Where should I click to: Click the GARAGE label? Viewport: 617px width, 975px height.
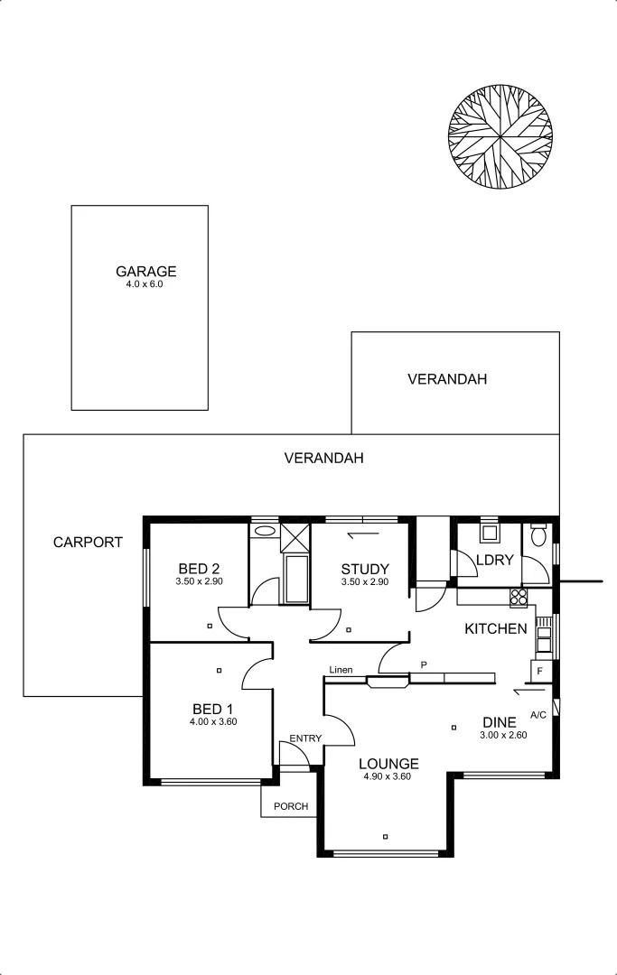tap(145, 271)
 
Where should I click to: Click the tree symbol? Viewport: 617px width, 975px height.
tap(500, 138)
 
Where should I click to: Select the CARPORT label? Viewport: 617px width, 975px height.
tap(88, 543)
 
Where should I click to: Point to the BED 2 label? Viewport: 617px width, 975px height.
tap(199, 569)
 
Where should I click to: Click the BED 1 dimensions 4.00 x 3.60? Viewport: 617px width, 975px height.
tap(212, 721)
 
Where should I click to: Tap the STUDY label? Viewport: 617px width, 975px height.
tap(364, 569)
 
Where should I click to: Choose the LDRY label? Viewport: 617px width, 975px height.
tap(494, 560)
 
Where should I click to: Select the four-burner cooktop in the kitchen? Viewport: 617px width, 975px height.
tap(519, 596)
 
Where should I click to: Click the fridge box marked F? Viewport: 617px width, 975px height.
tap(539, 672)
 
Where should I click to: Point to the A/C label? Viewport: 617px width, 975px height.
tap(538, 715)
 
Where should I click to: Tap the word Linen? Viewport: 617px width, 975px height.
tap(341, 670)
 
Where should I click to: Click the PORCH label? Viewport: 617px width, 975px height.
tap(290, 806)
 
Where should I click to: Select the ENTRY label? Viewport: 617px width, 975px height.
tap(305, 738)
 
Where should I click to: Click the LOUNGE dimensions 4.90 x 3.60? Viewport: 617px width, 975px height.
tap(388, 776)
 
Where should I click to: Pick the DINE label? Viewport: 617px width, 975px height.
tap(499, 722)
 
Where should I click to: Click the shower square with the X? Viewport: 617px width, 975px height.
tap(295, 536)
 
